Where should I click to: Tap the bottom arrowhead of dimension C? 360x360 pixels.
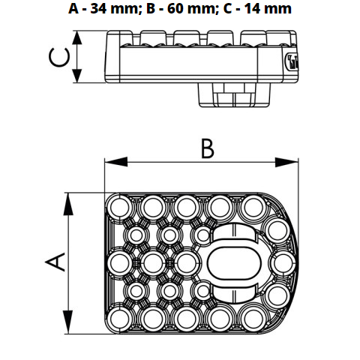(x=78, y=78)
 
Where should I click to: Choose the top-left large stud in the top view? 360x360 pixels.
(x=119, y=205)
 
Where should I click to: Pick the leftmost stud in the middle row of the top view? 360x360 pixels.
(x=119, y=261)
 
